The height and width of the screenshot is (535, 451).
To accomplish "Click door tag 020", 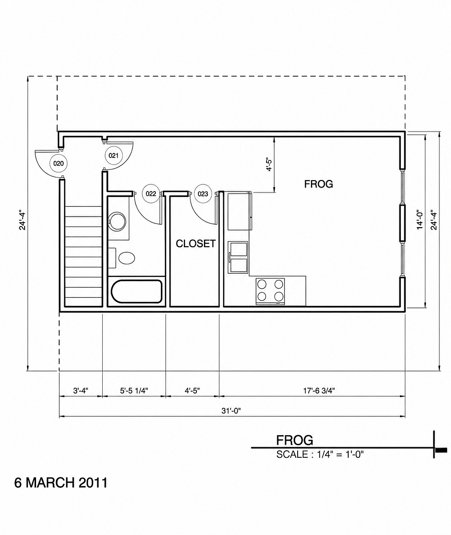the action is tap(58, 163).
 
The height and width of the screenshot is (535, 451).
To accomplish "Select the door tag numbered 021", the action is tap(114, 155).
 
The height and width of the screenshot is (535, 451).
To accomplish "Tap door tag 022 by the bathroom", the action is tap(151, 194).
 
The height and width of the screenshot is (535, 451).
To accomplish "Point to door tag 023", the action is tap(203, 194).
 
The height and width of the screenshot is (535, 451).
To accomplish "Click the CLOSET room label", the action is tap(195, 244).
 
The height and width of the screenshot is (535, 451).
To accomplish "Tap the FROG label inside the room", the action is tap(319, 184).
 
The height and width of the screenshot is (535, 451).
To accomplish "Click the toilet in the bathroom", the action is tap(117, 221).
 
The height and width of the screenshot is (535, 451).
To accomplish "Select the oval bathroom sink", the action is tap(126, 258).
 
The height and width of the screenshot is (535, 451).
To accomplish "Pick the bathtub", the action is tap(136, 291).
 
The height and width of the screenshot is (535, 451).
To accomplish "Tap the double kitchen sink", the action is tap(239, 257).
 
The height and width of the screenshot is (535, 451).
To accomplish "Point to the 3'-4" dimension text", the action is tap(81, 391).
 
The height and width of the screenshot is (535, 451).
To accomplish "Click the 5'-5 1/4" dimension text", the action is tap(134, 391).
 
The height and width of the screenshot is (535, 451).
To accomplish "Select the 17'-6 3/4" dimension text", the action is tap(319, 391).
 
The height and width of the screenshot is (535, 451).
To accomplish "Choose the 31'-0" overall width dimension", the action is tap(231, 411).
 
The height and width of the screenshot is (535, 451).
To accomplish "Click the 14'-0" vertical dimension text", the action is tap(420, 220).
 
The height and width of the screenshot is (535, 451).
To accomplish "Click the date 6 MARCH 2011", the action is tap(61, 483).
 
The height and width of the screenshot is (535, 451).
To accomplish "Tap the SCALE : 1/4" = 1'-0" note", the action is tap(320, 454).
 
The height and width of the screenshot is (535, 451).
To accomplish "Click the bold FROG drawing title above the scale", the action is tap(295, 441).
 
